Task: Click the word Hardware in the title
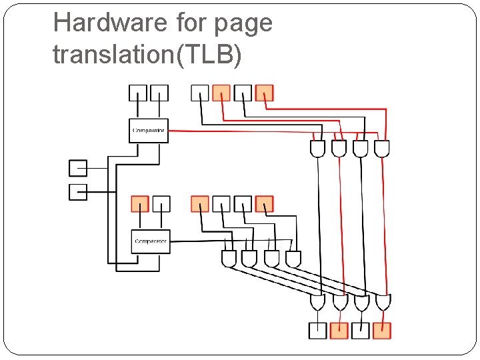pyautogui.click(x=110, y=23)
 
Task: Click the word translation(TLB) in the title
pyautogui.click(x=147, y=55)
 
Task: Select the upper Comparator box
pyautogui.click(x=148, y=130)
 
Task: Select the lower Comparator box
pyautogui.click(x=151, y=241)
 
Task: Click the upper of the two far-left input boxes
pyautogui.click(x=78, y=168)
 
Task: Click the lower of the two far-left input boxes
pyautogui.click(x=78, y=192)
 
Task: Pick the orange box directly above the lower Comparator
pyautogui.click(x=140, y=203)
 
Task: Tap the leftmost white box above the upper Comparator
pyautogui.click(x=137, y=93)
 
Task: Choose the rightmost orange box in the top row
pyautogui.click(x=265, y=93)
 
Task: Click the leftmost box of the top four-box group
pyautogui.click(x=200, y=93)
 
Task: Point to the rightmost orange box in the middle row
pyautogui.click(x=265, y=203)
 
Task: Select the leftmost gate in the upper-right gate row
pyautogui.click(x=318, y=149)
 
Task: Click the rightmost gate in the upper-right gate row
pyautogui.click(x=382, y=149)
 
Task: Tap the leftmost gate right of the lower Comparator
pyautogui.click(x=229, y=259)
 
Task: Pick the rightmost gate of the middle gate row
pyautogui.click(x=293, y=259)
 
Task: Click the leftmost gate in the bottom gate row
pyautogui.click(x=318, y=303)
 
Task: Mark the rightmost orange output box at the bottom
pyautogui.click(x=382, y=330)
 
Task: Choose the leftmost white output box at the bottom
pyautogui.click(x=318, y=330)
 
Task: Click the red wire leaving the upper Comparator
pyautogui.click(x=233, y=131)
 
